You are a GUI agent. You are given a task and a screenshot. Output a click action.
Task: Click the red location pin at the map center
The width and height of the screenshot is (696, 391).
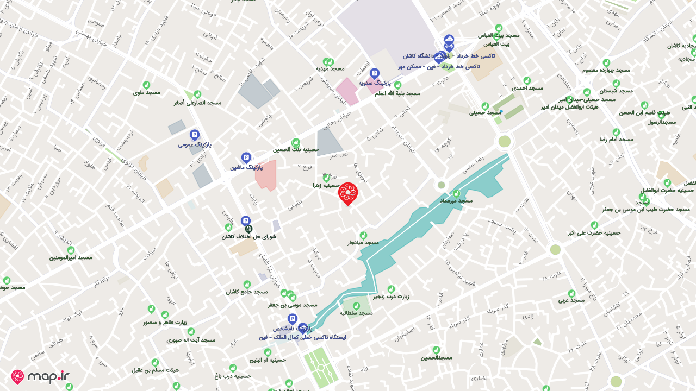pyautogui.click(x=348, y=193)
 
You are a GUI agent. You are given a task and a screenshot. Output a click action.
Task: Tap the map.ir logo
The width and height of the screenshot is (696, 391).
pyautogui.click(x=41, y=376)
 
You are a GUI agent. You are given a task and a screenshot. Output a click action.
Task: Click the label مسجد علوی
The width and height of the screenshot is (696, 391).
pyautogui.click(x=146, y=92)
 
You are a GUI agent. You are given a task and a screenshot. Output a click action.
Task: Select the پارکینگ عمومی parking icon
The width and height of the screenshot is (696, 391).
pyautogui.click(x=194, y=135)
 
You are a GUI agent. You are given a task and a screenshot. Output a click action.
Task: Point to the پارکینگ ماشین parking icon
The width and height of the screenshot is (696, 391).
pyautogui.click(x=246, y=157)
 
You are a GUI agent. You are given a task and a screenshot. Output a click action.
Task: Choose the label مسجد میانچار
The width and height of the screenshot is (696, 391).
pyautogui.click(x=363, y=242)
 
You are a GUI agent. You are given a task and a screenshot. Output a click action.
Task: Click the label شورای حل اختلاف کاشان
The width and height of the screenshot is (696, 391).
pyautogui.click(x=248, y=237)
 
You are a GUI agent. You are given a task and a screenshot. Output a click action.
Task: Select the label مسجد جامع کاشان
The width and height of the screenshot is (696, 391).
pyautogui.click(x=247, y=292)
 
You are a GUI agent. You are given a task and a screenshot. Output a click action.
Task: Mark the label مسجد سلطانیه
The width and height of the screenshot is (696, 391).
pyautogui.click(x=356, y=313)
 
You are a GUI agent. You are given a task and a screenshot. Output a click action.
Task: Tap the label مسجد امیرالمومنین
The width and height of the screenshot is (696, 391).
pyautogui.click(x=71, y=257)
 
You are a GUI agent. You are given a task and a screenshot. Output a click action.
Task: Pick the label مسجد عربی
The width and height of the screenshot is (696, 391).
pyautogui.click(x=571, y=300)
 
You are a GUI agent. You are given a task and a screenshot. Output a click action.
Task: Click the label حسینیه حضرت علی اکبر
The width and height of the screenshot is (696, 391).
pyautogui.click(x=594, y=232)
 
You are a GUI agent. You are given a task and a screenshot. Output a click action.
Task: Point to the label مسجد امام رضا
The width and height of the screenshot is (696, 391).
pyautogui.click(x=616, y=140)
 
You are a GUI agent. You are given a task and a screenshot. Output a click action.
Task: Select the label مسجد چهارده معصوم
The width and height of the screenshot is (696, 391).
pyautogui.click(x=606, y=70)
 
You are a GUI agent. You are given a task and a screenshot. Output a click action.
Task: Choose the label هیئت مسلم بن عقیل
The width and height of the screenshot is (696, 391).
pyautogui.click(x=155, y=370)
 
